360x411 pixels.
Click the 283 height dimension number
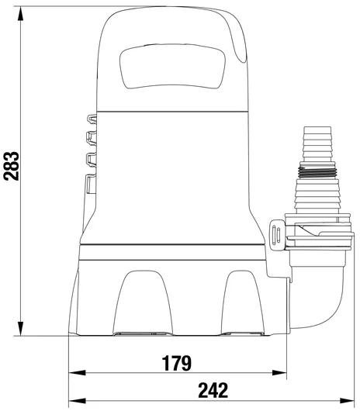[12, 166]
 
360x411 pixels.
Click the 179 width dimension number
[176, 363]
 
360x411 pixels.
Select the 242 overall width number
[213, 390]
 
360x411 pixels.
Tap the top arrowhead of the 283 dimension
[20, 14]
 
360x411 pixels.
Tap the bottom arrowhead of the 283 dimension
[20, 328]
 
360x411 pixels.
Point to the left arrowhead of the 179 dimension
[77, 372]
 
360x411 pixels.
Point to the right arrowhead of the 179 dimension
[279, 372]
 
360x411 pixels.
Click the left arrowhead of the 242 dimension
[77, 401]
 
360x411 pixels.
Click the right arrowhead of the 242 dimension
[347, 401]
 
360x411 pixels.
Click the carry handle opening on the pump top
[172, 67]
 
